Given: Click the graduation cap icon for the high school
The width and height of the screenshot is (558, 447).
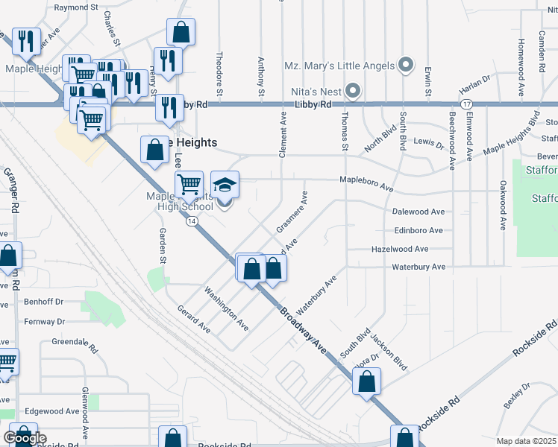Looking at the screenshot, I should click(225, 184).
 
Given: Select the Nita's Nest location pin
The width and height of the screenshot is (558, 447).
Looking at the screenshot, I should click(353, 92).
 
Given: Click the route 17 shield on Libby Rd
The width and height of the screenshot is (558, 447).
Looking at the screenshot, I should click(466, 104).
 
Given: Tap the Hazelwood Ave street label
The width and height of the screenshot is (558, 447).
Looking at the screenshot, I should click(400, 249).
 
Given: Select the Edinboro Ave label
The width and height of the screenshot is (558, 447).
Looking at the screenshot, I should click(418, 231).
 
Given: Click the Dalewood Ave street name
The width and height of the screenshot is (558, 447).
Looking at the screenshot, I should click(418, 212).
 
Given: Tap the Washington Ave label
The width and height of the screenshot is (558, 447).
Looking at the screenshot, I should click(227, 310).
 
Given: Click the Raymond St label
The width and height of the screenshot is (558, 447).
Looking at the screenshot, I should click(76, 7).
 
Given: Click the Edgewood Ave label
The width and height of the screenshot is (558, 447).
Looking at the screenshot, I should click(52, 410).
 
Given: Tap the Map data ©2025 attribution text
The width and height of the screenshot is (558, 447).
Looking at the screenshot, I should click(526, 441).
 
